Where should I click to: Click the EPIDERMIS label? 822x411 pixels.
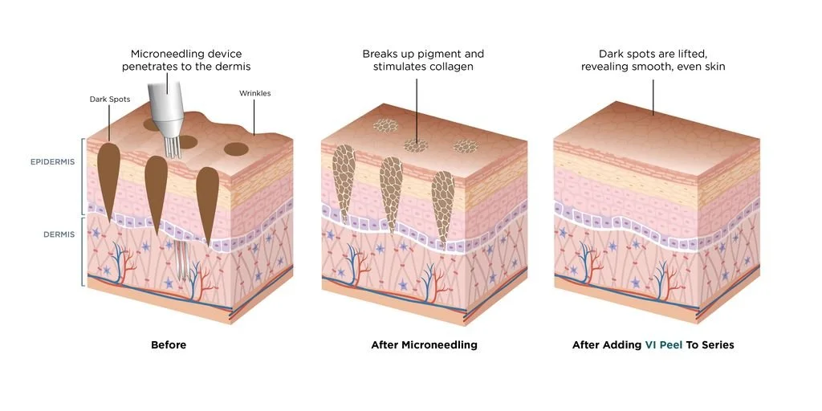tap(53, 161)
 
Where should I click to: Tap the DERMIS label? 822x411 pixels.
tap(59, 234)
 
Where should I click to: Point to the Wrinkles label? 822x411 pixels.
tap(254, 93)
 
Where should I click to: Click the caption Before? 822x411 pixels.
tap(169, 345)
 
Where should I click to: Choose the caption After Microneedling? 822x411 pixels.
tap(424, 345)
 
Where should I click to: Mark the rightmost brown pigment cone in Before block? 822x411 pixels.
tap(207, 201)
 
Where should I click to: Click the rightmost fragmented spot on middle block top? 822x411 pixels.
tap(466, 146)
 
